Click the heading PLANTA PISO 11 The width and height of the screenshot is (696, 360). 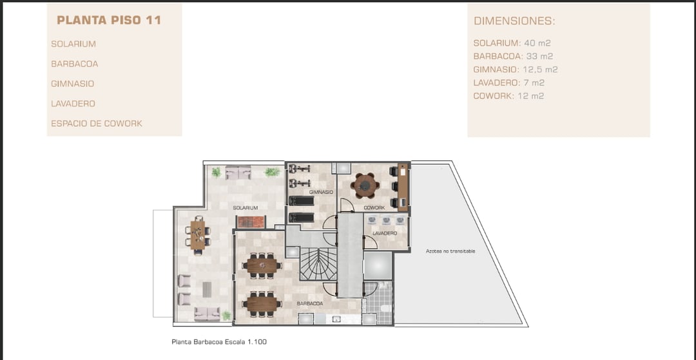click(x=109, y=20)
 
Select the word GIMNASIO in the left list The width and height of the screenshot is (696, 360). click(x=72, y=84)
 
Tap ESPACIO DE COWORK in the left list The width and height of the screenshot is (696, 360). click(x=97, y=124)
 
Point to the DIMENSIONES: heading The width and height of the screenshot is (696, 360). click(x=514, y=21)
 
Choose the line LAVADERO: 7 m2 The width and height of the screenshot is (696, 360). click(x=508, y=82)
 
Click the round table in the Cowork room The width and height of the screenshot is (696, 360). click(x=365, y=185)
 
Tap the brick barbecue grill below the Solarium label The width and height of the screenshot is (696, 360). click(x=251, y=222)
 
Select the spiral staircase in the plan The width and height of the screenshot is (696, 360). click(x=318, y=263)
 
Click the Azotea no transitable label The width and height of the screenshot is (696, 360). click(x=450, y=251)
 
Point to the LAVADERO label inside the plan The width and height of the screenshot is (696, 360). click(x=384, y=233)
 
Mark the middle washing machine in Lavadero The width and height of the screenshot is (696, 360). click(x=386, y=220)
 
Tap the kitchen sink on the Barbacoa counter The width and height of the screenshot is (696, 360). click(x=336, y=319)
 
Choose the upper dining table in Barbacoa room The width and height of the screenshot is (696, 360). click(x=262, y=266)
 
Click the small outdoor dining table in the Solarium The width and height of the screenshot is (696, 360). click(x=198, y=236)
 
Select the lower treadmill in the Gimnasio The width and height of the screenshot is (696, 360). click(x=302, y=218)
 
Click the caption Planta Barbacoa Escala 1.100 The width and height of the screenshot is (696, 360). click(x=219, y=342)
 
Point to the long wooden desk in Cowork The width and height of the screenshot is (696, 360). click(x=403, y=187)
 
